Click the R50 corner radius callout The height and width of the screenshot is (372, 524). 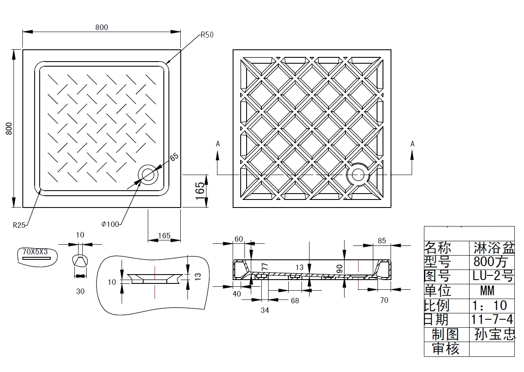coord(207,35)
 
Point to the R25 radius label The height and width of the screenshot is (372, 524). coord(19,225)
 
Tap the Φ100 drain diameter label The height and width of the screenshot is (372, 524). coord(110,224)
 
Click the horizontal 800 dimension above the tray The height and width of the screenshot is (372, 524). coord(101,27)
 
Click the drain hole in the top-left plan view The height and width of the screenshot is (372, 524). coord(148,174)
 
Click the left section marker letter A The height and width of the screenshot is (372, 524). coord(218,144)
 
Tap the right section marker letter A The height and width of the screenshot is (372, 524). coord(413,144)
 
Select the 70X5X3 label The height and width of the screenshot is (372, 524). coord(35,252)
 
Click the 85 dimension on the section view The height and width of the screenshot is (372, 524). coord(382,241)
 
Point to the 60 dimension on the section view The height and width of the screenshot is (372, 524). coord(239,239)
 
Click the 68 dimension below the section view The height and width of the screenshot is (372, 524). coord(295,301)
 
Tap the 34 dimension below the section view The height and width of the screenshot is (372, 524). coord(265,310)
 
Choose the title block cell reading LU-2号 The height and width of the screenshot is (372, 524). coord(493,276)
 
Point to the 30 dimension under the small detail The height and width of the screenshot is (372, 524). coord(80,291)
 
